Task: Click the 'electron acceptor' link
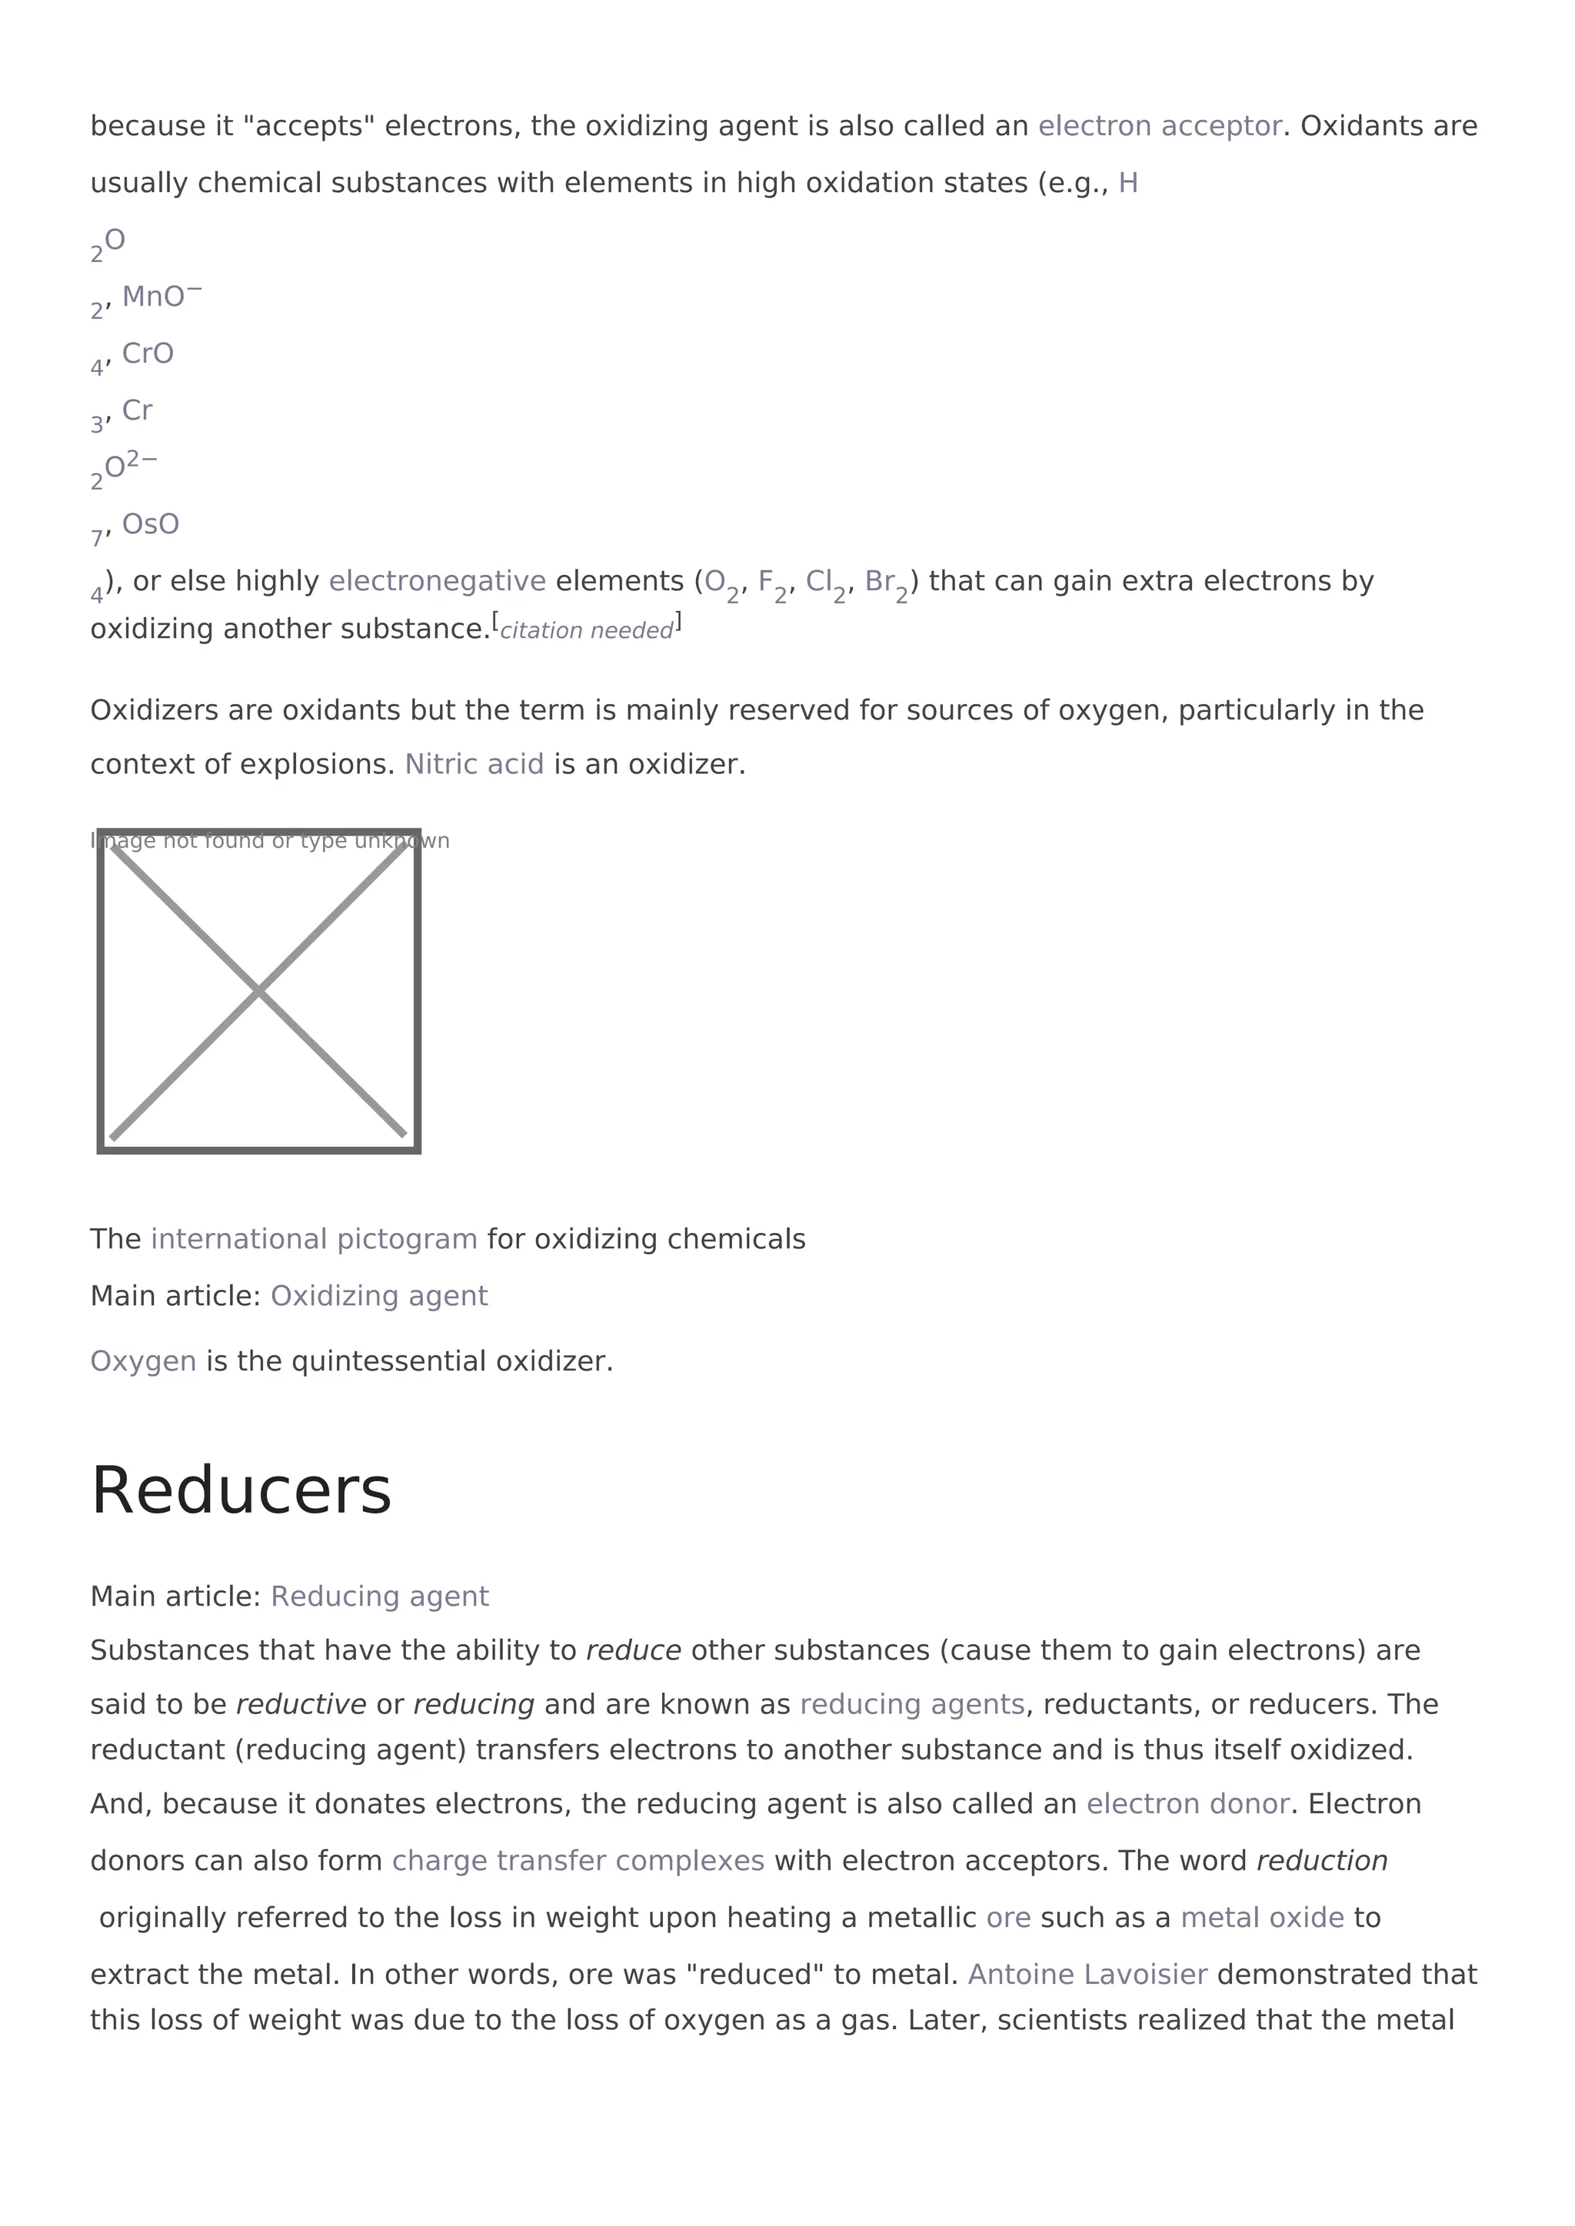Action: click(1159, 126)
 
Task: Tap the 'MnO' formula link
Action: click(153, 297)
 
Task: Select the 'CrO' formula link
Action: click(148, 354)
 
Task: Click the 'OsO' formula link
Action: click(150, 524)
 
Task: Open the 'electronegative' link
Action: click(438, 582)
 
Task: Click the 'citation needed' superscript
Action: click(586, 630)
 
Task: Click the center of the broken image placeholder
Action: click(259, 991)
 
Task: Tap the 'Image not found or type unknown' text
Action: click(270, 841)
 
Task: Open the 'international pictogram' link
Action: click(315, 1239)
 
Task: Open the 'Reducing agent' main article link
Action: click(379, 1596)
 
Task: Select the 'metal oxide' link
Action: click(1262, 1918)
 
